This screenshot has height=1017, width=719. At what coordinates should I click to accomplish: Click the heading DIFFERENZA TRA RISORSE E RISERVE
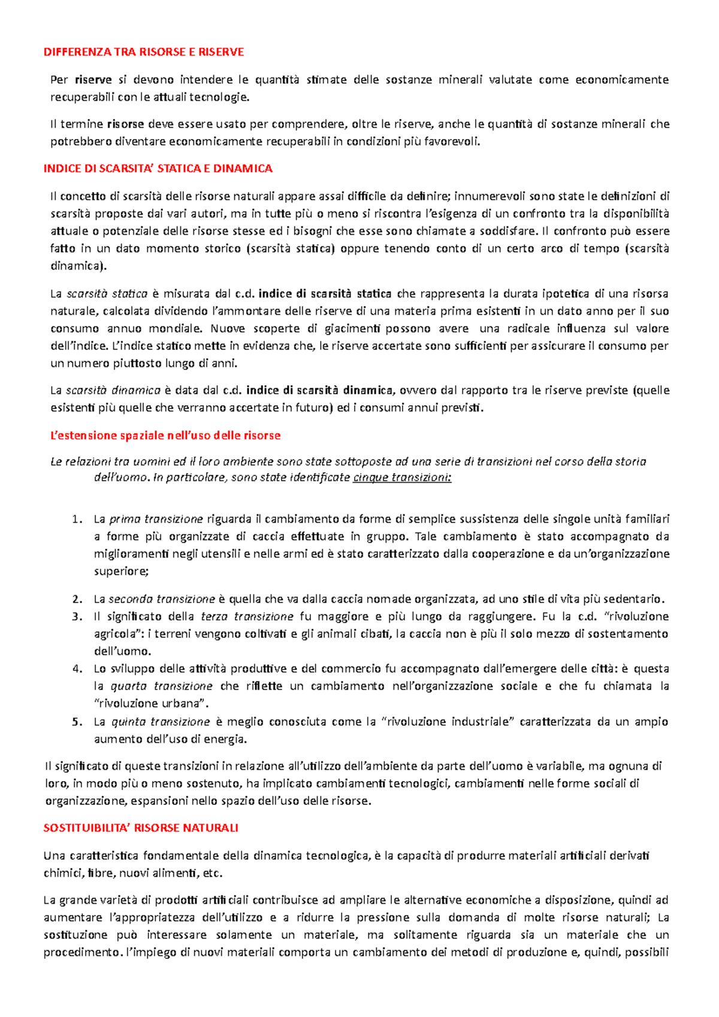(x=144, y=52)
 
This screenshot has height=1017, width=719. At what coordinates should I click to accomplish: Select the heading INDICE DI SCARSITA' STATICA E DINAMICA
(x=158, y=169)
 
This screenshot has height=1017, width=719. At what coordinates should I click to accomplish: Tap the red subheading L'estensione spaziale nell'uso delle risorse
(x=165, y=435)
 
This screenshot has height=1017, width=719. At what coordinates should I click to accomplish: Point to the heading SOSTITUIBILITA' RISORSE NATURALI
(x=141, y=828)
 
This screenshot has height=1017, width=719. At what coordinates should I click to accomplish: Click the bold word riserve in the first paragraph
(x=93, y=80)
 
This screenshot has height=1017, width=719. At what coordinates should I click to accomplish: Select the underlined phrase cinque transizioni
(x=402, y=477)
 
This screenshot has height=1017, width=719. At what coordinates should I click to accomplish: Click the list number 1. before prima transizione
(x=76, y=519)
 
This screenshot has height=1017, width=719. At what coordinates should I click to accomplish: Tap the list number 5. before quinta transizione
(x=76, y=722)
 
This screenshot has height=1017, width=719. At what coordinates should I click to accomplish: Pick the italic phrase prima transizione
(x=156, y=519)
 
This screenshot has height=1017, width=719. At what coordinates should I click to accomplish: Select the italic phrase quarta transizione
(x=162, y=686)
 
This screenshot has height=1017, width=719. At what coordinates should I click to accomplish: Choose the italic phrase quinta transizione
(x=161, y=722)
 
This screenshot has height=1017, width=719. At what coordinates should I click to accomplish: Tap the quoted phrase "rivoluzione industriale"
(x=448, y=722)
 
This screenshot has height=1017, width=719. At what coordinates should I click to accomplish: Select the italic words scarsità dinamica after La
(x=113, y=391)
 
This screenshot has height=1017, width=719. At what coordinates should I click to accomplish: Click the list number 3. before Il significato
(x=76, y=616)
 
